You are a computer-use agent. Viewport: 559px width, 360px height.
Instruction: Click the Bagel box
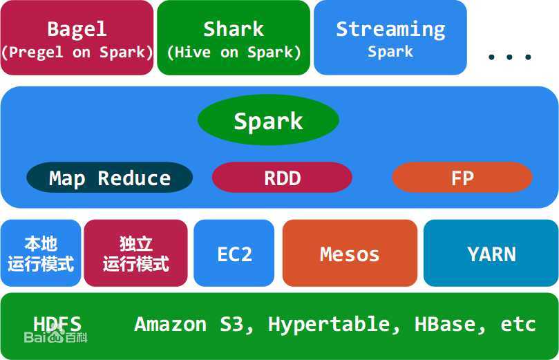click(x=77, y=38)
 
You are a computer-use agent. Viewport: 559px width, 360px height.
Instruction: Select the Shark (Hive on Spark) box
click(x=234, y=38)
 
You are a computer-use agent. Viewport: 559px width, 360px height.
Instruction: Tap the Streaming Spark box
click(x=390, y=38)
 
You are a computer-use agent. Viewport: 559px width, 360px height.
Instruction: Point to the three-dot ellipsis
click(x=510, y=57)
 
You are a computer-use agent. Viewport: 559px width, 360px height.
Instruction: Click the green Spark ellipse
click(x=268, y=120)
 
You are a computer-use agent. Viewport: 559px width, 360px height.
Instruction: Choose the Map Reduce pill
click(x=109, y=178)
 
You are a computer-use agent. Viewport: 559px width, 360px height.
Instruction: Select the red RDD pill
click(x=282, y=178)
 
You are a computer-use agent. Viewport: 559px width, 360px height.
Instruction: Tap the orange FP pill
click(x=462, y=178)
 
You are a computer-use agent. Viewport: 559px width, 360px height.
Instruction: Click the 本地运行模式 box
click(x=41, y=253)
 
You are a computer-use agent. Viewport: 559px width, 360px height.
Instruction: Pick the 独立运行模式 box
click(x=136, y=253)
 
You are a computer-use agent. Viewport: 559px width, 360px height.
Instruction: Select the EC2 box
click(x=234, y=253)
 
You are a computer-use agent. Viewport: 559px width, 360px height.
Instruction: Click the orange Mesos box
click(x=350, y=253)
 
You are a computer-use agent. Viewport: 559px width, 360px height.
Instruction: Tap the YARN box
click(x=491, y=253)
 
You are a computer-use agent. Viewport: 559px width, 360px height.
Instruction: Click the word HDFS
click(x=57, y=324)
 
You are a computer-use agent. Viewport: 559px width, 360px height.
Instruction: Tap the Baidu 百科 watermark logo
click(x=55, y=336)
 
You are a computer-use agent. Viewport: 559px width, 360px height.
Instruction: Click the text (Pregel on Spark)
click(x=77, y=53)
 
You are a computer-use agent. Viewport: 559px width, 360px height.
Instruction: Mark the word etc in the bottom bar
click(x=518, y=325)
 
